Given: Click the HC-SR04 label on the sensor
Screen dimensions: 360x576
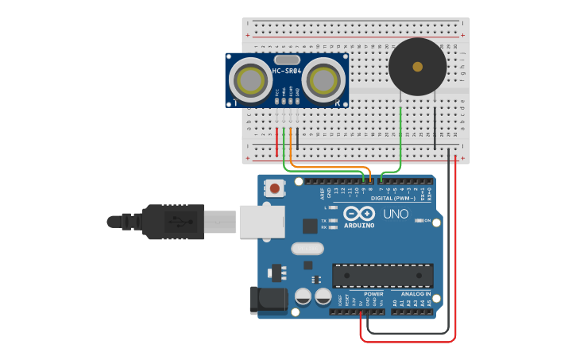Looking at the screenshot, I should pos(287,72).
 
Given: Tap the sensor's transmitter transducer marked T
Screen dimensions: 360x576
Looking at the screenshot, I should pos(249,79).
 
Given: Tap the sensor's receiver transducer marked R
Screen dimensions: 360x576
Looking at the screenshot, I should pos(323,79).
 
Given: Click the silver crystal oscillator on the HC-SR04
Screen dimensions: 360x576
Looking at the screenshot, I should pos(287,60).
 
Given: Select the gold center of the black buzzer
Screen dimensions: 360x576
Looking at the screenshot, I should pos(417,67).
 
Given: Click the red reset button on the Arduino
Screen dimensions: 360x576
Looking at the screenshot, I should pos(274,189).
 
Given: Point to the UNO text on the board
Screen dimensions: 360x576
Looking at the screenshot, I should pos(396,214).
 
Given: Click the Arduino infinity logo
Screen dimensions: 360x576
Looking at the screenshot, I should pos(360,213).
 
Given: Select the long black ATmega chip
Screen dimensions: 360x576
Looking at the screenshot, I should pos(382,276).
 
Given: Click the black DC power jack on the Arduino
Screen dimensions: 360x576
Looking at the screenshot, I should pos(269,300).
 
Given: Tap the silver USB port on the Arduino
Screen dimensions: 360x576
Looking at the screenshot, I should pos(262,221).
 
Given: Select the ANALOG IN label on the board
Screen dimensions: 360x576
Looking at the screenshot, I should pos(411,294).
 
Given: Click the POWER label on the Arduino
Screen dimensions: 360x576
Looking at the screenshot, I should pos(373,294).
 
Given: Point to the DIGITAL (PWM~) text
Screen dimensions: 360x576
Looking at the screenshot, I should pos(392,198).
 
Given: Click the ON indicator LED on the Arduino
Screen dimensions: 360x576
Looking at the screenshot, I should pos(418,220).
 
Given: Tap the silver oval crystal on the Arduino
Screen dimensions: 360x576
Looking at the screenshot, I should pos(306,249).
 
